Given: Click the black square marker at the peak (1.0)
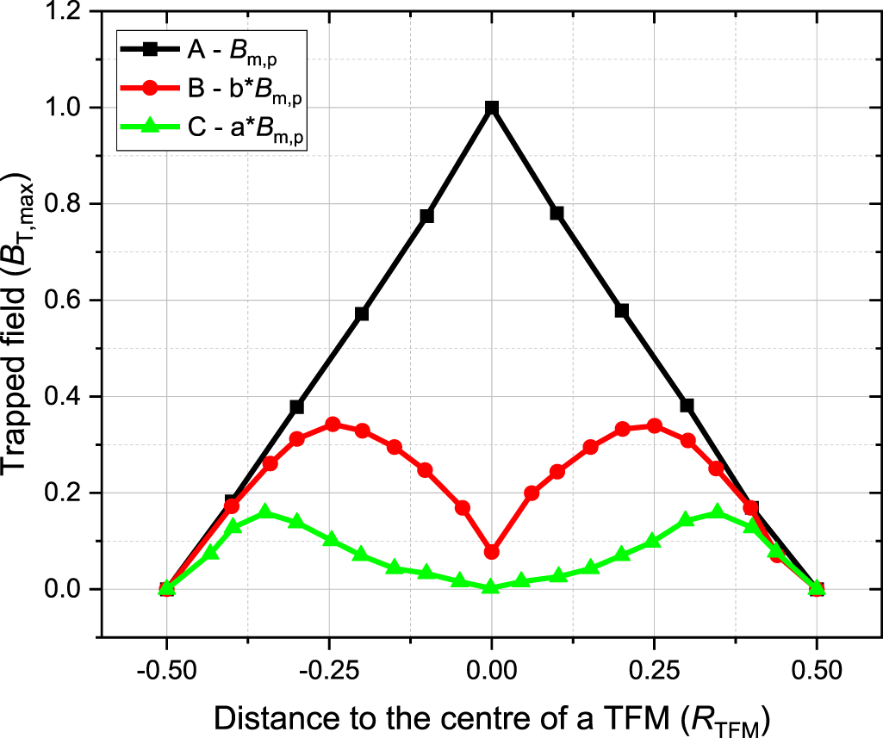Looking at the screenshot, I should tap(491, 108).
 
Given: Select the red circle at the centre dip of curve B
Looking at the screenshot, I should tap(491, 552).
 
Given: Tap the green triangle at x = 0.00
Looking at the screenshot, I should tap(491, 586).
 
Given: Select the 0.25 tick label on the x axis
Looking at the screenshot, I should tap(654, 669).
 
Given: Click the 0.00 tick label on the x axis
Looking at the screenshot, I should tap(491, 669).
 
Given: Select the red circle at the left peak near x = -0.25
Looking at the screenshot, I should tap(333, 425).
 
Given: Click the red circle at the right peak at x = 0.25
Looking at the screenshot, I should tap(654, 425).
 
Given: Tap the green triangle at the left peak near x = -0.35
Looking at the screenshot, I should tap(265, 512).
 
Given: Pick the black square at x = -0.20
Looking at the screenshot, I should tap(362, 313).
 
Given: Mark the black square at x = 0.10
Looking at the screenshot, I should tap(557, 213).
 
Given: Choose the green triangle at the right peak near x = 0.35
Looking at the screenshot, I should tap(717, 512).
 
